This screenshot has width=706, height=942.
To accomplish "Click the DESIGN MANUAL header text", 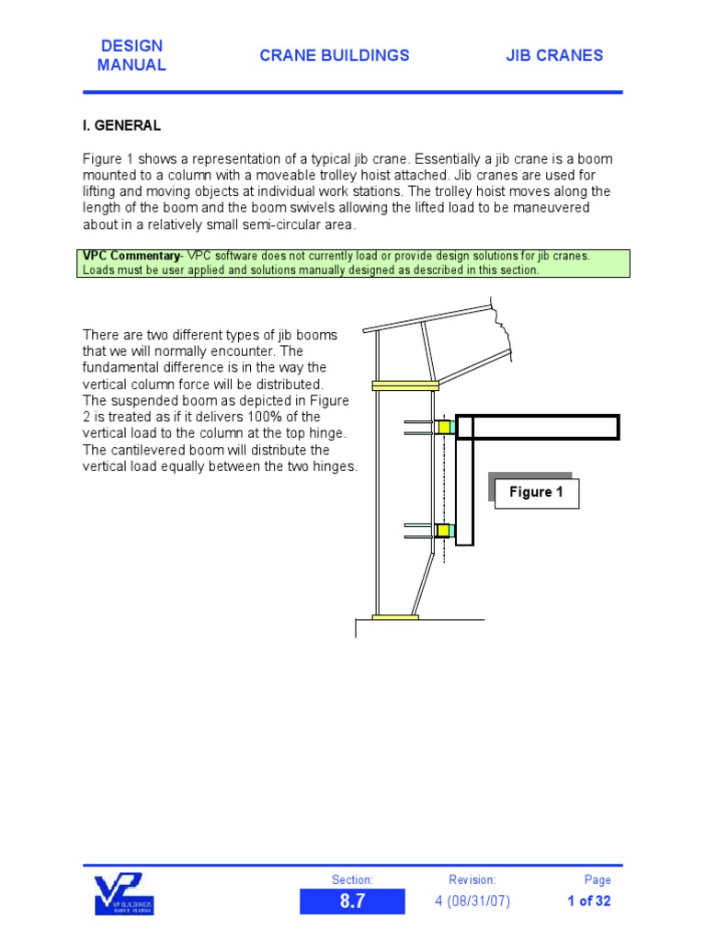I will tap(131, 55).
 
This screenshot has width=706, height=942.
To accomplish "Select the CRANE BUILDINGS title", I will tap(335, 55).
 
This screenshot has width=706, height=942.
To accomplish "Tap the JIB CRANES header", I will tap(554, 55).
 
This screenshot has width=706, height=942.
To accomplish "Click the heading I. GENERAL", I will tap(122, 126).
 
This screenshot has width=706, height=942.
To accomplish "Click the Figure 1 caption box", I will tap(536, 492).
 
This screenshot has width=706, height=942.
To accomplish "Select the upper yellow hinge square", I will tap(444, 427).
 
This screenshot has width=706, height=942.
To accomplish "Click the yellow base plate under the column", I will tap(395, 617).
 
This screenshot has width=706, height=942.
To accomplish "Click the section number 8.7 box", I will tap(352, 902).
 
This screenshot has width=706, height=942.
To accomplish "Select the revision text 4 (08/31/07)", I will tap(473, 902).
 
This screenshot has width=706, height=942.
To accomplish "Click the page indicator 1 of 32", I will tap(589, 902).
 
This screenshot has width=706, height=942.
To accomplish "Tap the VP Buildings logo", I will tap(124, 894).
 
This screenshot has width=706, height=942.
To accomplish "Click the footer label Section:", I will tap(352, 879).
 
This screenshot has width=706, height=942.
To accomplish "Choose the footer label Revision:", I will tap(473, 879).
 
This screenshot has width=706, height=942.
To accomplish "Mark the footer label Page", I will tap(598, 879).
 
